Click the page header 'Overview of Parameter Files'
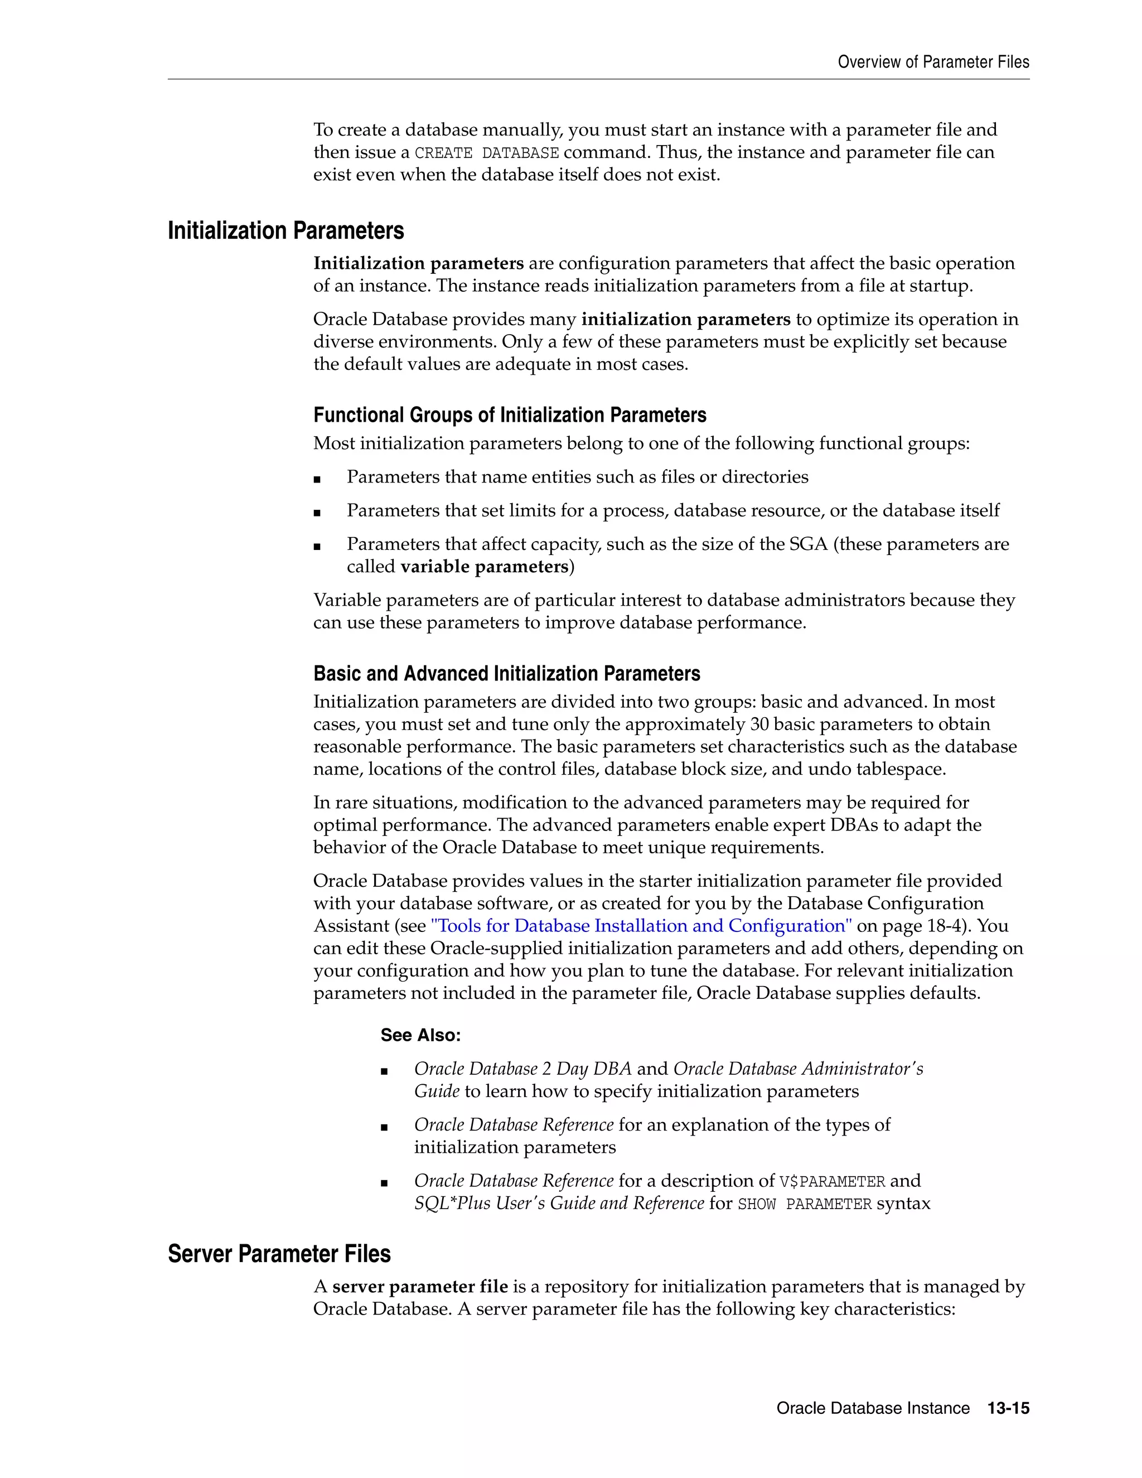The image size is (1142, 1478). click(x=933, y=62)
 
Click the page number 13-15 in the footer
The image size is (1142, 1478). click(x=1008, y=1408)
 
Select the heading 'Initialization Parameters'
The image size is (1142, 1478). click(x=285, y=231)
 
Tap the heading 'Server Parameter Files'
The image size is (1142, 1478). click(x=279, y=1254)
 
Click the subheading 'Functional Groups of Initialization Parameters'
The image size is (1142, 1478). click(x=510, y=415)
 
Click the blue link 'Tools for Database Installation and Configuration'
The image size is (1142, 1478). click(x=641, y=926)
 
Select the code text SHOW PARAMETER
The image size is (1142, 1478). click(x=805, y=1204)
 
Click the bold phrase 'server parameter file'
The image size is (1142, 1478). click(x=419, y=1287)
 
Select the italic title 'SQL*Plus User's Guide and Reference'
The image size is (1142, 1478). click(x=559, y=1203)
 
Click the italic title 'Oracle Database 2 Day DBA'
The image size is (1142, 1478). click(x=522, y=1069)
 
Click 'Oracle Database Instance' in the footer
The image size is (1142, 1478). click(x=873, y=1408)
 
